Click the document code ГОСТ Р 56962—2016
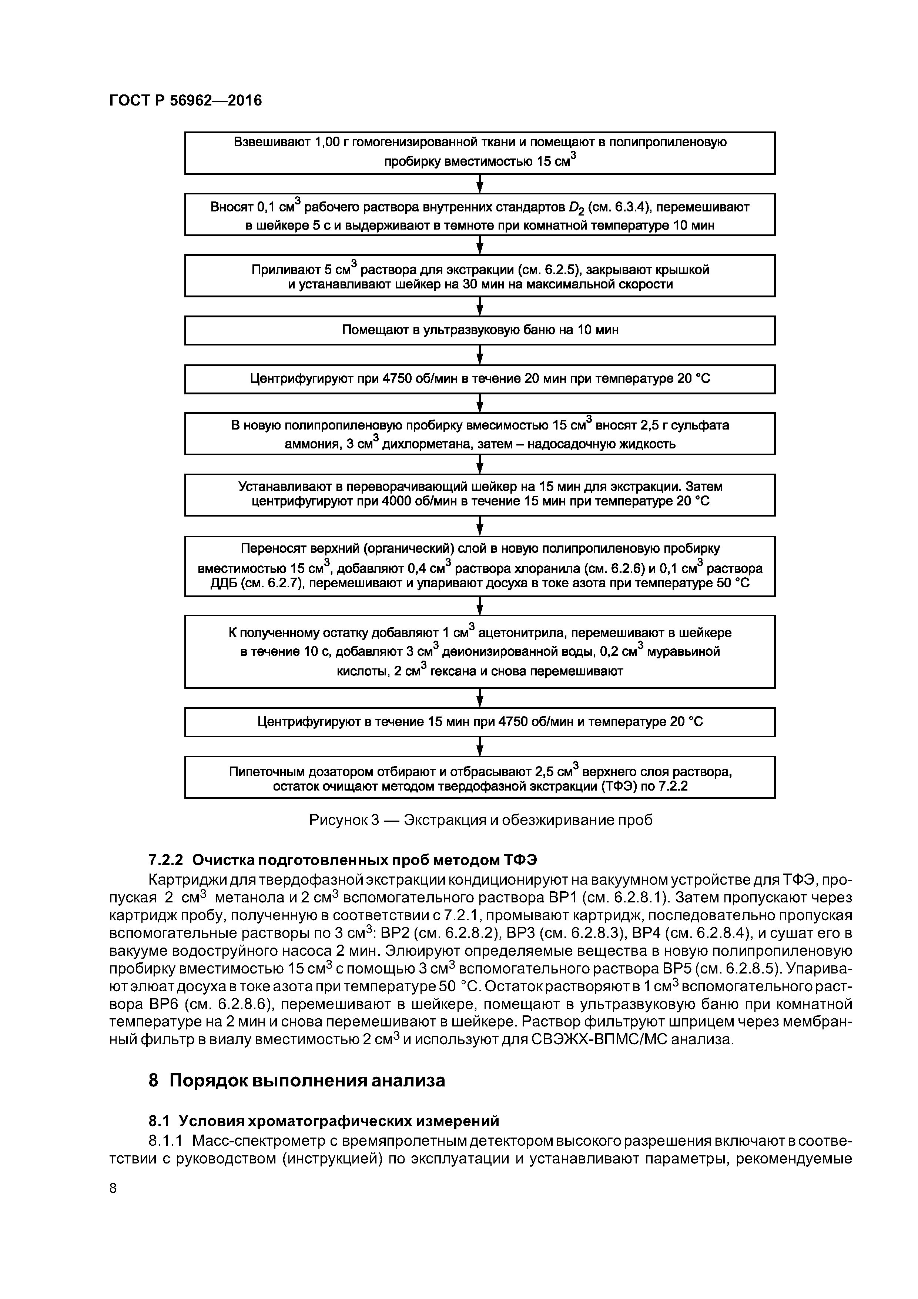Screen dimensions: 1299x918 [185, 101]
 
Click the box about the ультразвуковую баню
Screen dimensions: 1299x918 [480, 330]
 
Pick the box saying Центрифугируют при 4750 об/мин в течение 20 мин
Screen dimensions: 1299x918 [480, 378]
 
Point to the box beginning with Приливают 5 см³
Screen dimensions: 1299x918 [480, 275]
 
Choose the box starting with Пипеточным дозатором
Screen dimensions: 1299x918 [480, 777]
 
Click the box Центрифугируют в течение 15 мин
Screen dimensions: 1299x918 [480, 722]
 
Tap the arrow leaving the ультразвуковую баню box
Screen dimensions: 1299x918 [480, 355]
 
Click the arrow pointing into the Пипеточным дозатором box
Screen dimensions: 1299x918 [480, 746]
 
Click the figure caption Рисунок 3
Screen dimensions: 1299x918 [480, 820]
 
